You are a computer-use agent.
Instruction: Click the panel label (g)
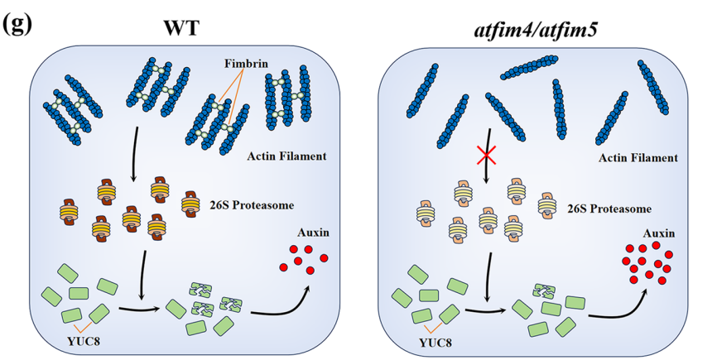19,22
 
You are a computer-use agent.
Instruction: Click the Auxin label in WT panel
312,233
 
